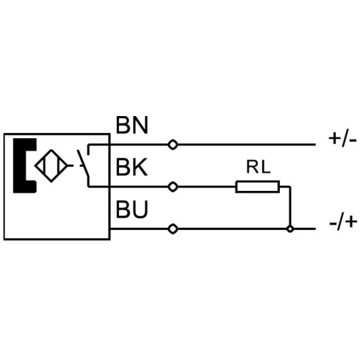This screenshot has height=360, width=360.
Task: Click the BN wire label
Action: (x=132, y=125)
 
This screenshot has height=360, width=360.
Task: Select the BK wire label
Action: (x=132, y=167)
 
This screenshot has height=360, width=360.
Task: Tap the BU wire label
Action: (x=132, y=209)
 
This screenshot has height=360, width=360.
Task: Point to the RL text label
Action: (x=258, y=167)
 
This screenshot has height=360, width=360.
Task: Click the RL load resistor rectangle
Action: (x=257, y=187)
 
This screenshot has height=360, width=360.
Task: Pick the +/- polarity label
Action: (x=342, y=140)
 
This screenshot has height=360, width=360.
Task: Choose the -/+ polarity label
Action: (x=343, y=223)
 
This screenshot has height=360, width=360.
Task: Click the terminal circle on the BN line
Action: (x=173, y=145)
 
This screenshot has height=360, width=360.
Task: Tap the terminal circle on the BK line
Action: (x=173, y=187)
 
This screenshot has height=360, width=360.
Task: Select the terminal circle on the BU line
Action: (x=173, y=229)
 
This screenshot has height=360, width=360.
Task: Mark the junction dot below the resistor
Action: (x=290, y=229)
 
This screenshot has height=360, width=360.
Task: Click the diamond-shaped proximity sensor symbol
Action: (x=51, y=166)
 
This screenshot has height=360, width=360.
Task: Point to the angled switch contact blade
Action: (x=83, y=162)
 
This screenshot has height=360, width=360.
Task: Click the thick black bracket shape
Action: (x=25, y=166)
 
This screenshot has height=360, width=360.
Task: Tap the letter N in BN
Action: (x=140, y=125)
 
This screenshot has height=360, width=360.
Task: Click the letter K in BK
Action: (x=140, y=167)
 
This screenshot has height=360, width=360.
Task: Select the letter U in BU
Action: (x=140, y=209)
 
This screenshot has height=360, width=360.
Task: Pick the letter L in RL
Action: (x=266, y=167)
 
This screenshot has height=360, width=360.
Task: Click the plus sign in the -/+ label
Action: (x=351, y=222)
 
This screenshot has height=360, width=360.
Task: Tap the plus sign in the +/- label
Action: (x=334, y=139)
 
